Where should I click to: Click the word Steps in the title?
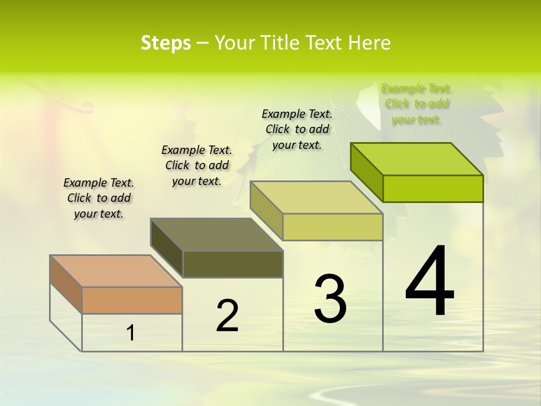pos(166,43)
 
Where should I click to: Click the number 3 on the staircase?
pos(330,298)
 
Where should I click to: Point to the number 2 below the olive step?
pos(227,316)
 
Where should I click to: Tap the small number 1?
pos(131,333)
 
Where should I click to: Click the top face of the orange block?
pos(116,271)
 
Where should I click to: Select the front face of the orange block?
pos(132,300)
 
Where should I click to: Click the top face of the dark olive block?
pos(216,235)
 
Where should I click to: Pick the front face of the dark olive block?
pos(233,264)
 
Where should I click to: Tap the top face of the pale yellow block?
pos(316,197)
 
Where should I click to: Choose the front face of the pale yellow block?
pos(332,227)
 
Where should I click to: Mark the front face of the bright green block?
pos(433,188)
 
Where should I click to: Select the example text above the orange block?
pos(99,198)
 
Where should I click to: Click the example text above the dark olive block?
pos(197,165)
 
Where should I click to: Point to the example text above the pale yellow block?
pos(297,129)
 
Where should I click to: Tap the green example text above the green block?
pos(416,104)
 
